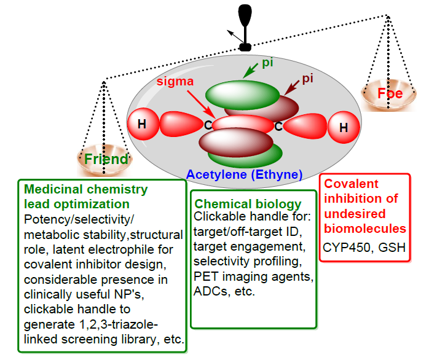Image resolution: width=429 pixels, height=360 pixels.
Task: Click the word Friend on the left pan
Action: (107, 159)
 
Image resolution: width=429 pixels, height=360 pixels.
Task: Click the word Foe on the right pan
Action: (390, 94)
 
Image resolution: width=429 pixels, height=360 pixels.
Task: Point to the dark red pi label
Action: (308, 79)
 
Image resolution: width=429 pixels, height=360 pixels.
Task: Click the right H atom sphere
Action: (344, 128)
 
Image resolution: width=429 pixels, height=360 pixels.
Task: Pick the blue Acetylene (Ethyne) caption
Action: (244, 174)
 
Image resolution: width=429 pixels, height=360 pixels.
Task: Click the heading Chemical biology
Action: (248, 204)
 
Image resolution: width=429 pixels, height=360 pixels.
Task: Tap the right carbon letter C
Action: (278, 127)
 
